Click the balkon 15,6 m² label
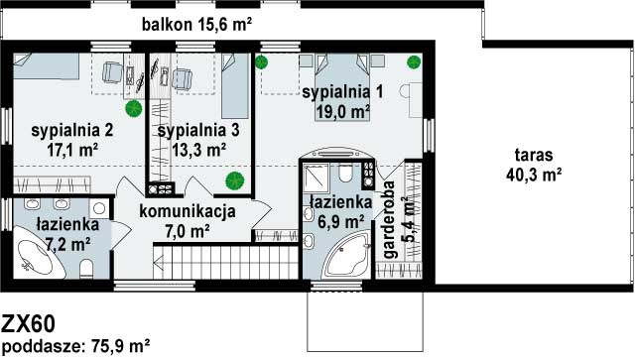pos(196,25)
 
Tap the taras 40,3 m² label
pos(534,165)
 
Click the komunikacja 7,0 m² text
pos(188,221)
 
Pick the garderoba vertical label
pos(389,219)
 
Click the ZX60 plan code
pos(28,324)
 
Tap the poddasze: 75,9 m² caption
pos(76,347)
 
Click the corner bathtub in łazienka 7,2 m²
pos(38,254)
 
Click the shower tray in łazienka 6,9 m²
pos(317,178)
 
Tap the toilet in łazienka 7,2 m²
pos(86,269)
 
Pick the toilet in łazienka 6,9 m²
pos(346,173)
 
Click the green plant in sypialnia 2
pos(133,109)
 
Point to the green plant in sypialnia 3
pos(235,181)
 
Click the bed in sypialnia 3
pos(235,86)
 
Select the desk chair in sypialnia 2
pos(112,72)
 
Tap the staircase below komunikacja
pos(226,262)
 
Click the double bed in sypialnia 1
pos(342,87)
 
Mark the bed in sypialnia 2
pos(46,66)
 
